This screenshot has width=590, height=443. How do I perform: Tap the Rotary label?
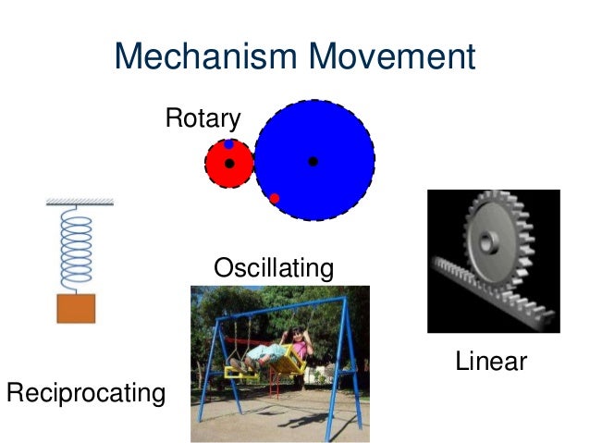click(203, 118)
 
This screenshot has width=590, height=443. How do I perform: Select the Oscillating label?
click(273, 269)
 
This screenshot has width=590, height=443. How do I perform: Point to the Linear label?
click(490, 362)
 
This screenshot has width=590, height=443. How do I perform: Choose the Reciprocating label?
click(85, 393)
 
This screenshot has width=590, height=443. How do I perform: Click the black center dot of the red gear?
click(229, 164)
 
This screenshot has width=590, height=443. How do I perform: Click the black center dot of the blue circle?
click(313, 162)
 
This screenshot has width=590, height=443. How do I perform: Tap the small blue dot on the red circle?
click(228, 144)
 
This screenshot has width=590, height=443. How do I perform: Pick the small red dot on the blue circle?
click(275, 198)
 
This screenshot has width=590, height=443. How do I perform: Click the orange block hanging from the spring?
click(76, 308)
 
